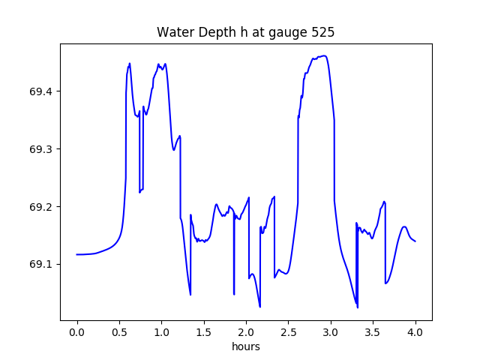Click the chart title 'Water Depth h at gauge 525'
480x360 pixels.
click(245, 33)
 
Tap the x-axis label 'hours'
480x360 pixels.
click(245, 347)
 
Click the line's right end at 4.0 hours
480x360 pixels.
click(415, 241)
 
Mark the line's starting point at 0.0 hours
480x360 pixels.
click(77, 254)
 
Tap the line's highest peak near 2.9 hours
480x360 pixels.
click(323, 55)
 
